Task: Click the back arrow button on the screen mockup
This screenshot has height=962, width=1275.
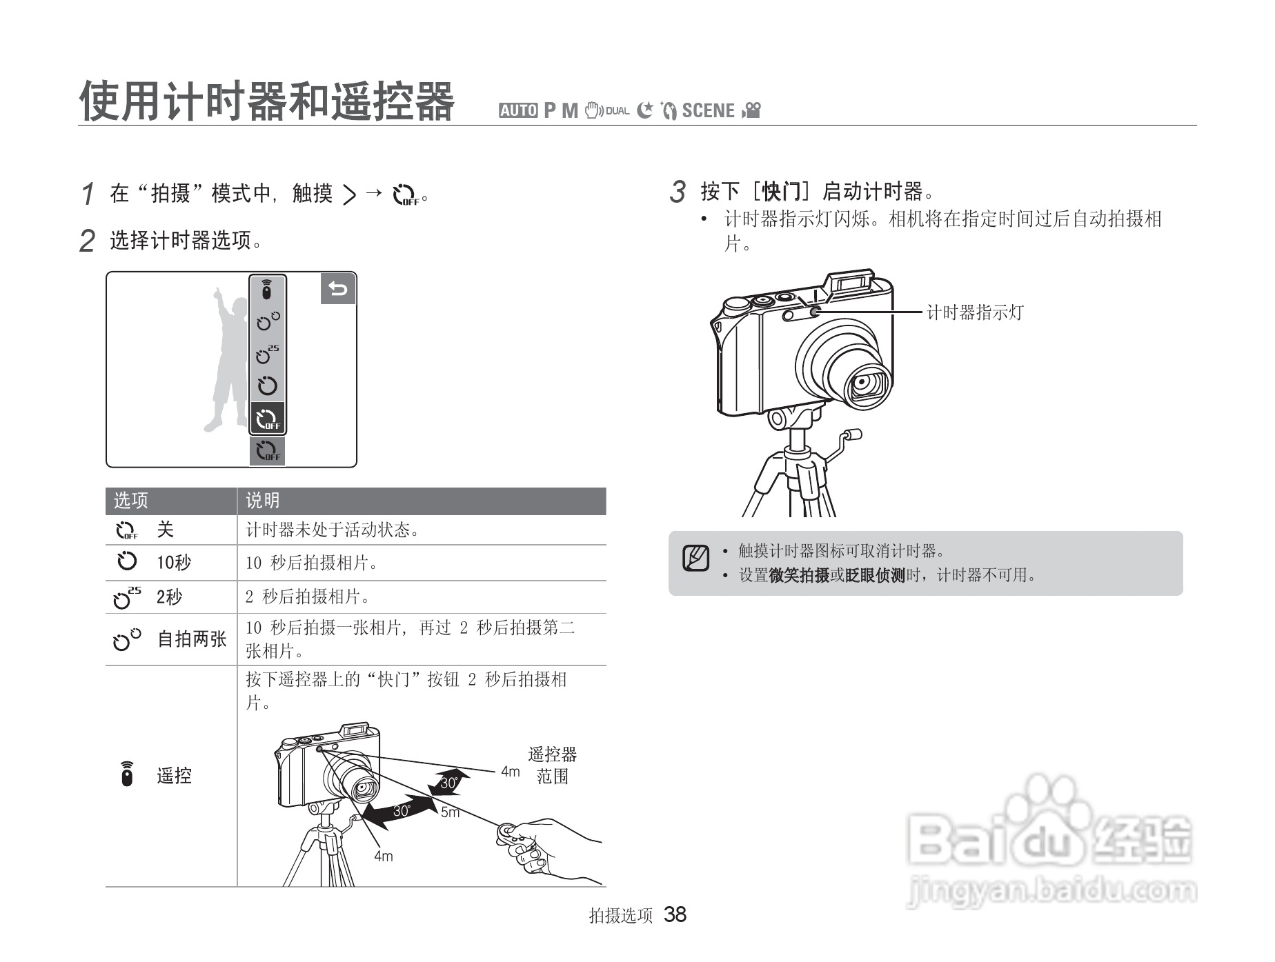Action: click(x=338, y=289)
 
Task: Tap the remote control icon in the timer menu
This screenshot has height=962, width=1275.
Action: click(x=267, y=290)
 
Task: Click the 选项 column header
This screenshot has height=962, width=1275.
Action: click(x=131, y=501)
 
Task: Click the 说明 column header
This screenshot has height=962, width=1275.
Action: click(x=263, y=501)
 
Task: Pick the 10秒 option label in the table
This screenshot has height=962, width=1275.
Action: click(x=174, y=563)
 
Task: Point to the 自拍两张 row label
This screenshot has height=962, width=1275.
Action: click(x=192, y=639)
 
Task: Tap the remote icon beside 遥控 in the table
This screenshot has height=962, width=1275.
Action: click(x=126, y=774)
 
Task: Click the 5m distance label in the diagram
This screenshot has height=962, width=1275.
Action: click(x=450, y=812)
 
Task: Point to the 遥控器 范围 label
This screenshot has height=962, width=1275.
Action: click(x=552, y=765)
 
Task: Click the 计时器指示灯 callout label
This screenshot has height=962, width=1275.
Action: click(x=975, y=312)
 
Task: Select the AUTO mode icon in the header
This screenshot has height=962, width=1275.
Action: click(x=518, y=110)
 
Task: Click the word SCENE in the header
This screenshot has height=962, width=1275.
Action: click(x=708, y=110)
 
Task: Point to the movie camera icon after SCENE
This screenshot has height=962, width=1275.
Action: click(x=751, y=110)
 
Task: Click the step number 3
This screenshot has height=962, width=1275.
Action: click(x=678, y=192)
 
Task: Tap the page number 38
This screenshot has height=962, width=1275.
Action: click(x=675, y=914)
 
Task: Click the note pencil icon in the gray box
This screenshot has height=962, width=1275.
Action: click(x=696, y=558)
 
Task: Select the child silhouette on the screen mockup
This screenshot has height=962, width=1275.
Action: click(x=228, y=359)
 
